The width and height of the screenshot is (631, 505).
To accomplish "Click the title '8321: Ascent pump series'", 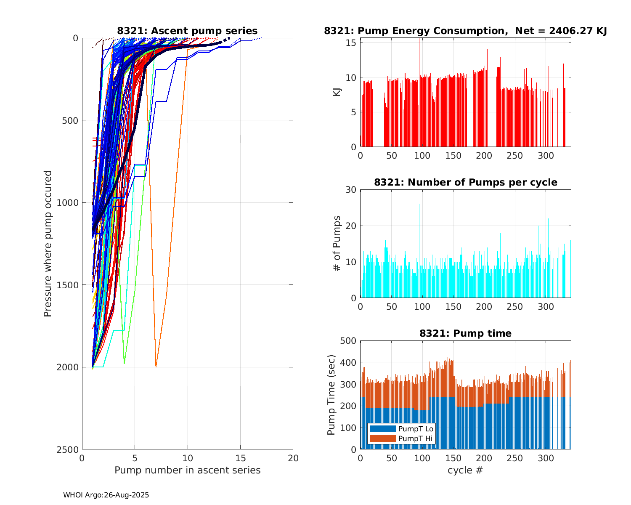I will point(187,31).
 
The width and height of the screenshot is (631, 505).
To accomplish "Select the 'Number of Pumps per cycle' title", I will point(465,182).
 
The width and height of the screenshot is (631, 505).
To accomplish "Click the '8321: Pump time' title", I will point(465,333).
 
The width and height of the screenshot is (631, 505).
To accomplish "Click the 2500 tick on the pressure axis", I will point(69,449).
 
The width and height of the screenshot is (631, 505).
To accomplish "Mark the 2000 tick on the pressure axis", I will point(69,367).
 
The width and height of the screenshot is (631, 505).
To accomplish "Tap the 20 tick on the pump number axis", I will point(293,458).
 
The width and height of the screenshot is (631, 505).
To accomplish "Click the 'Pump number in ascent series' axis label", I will point(187,470).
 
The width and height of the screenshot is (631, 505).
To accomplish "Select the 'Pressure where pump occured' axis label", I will point(48,244).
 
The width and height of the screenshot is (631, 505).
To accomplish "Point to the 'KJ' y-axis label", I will point(337,92).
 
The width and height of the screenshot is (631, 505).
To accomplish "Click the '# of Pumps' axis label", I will point(337,243).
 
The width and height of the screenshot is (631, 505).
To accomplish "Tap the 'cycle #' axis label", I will point(465,470).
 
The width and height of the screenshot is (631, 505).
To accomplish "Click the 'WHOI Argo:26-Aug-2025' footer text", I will point(106,495).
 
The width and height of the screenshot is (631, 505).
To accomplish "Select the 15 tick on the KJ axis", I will point(352,43).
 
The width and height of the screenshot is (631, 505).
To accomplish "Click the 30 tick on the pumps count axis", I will point(351,190).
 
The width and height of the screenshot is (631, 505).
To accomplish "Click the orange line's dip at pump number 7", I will point(156,367).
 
